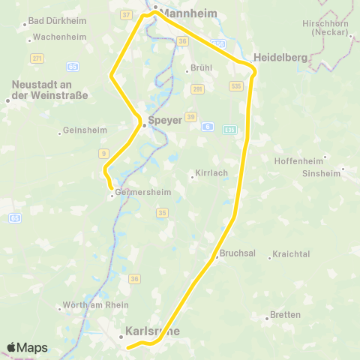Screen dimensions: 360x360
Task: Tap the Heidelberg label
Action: [x=280, y=58]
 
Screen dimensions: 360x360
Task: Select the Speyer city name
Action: [x=165, y=120]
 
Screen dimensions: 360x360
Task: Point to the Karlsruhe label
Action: [x=154, y=330]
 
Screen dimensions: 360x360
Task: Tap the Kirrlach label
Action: [x=211, y=173]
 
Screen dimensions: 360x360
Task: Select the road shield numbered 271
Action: [x=37, y=57]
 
